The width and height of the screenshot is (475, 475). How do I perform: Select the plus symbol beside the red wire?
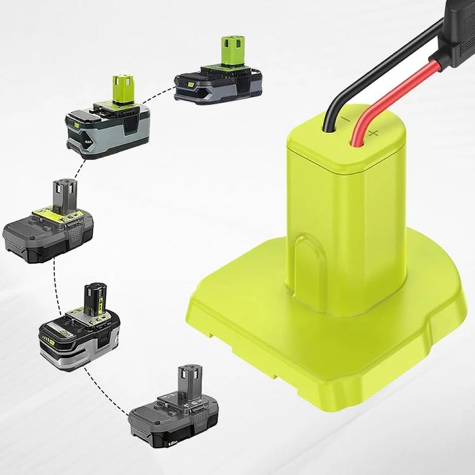373,132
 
